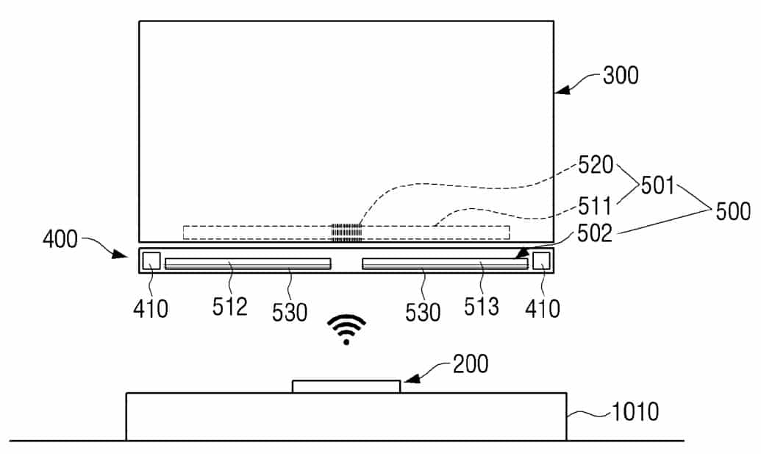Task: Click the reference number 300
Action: pos(621,76)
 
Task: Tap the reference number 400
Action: pos(60,239)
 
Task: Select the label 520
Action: pos(596,165)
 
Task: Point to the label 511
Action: pos(594,206)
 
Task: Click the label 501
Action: pos(657,185)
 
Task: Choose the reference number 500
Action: pos(733,212)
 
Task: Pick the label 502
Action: pos(595,233)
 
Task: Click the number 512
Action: pos(229,307)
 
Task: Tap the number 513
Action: pos(481,307)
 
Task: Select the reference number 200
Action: pos(471,364)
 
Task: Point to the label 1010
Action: pos(635,412)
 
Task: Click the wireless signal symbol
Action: pos(346,329)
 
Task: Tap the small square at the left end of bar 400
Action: pos(151,260)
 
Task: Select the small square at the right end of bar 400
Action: pos(541,260)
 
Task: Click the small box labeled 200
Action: pos(346,386)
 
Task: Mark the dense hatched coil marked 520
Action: pos(346,233)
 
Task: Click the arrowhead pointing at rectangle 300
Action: pos(561,91)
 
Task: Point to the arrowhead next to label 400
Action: pos(119,254)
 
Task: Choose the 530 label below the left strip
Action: pos(290,312)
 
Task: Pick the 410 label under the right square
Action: pos(543,309)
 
